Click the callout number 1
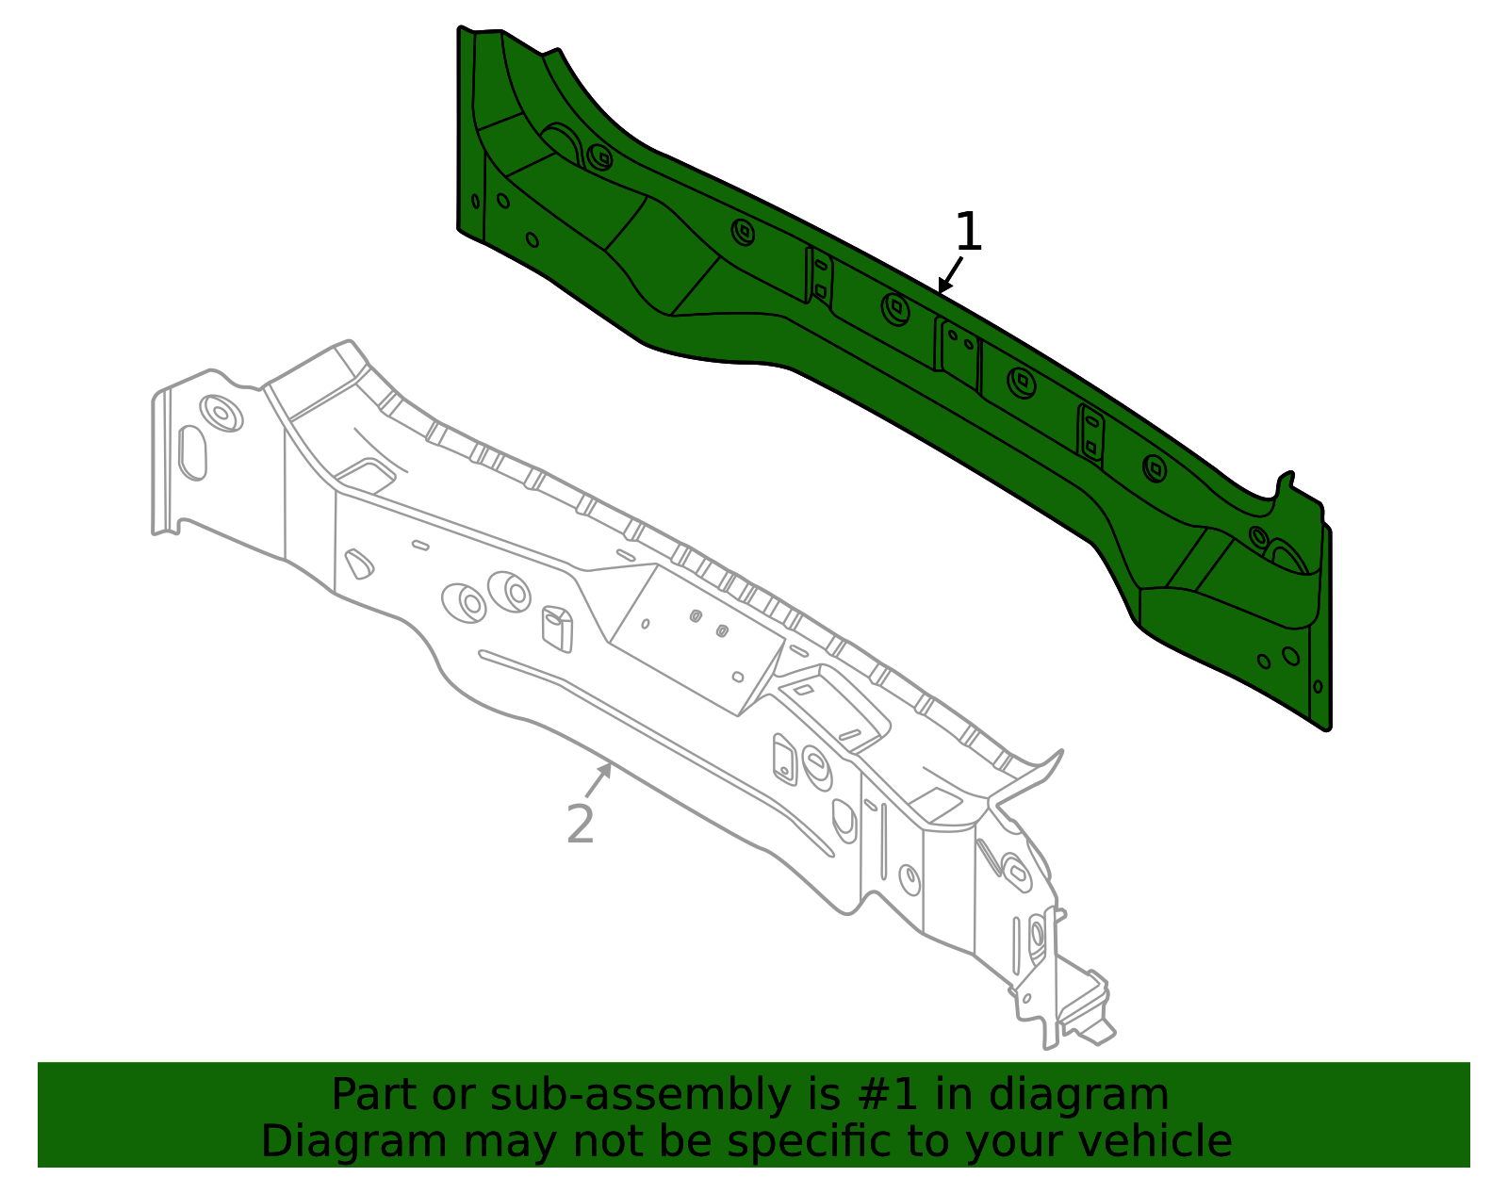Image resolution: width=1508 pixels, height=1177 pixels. pyautogui.click(x=969, y=232)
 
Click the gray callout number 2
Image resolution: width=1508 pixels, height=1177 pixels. pyautogui.click(x=581, y=824)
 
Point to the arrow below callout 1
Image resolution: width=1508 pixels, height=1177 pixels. pyautogui.click(x=950, y=274)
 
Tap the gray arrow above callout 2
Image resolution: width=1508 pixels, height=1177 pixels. pyautogui.click(x=598, y=780)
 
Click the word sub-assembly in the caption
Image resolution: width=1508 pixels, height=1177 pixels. pyautogui.click(x=641, y=1097)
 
